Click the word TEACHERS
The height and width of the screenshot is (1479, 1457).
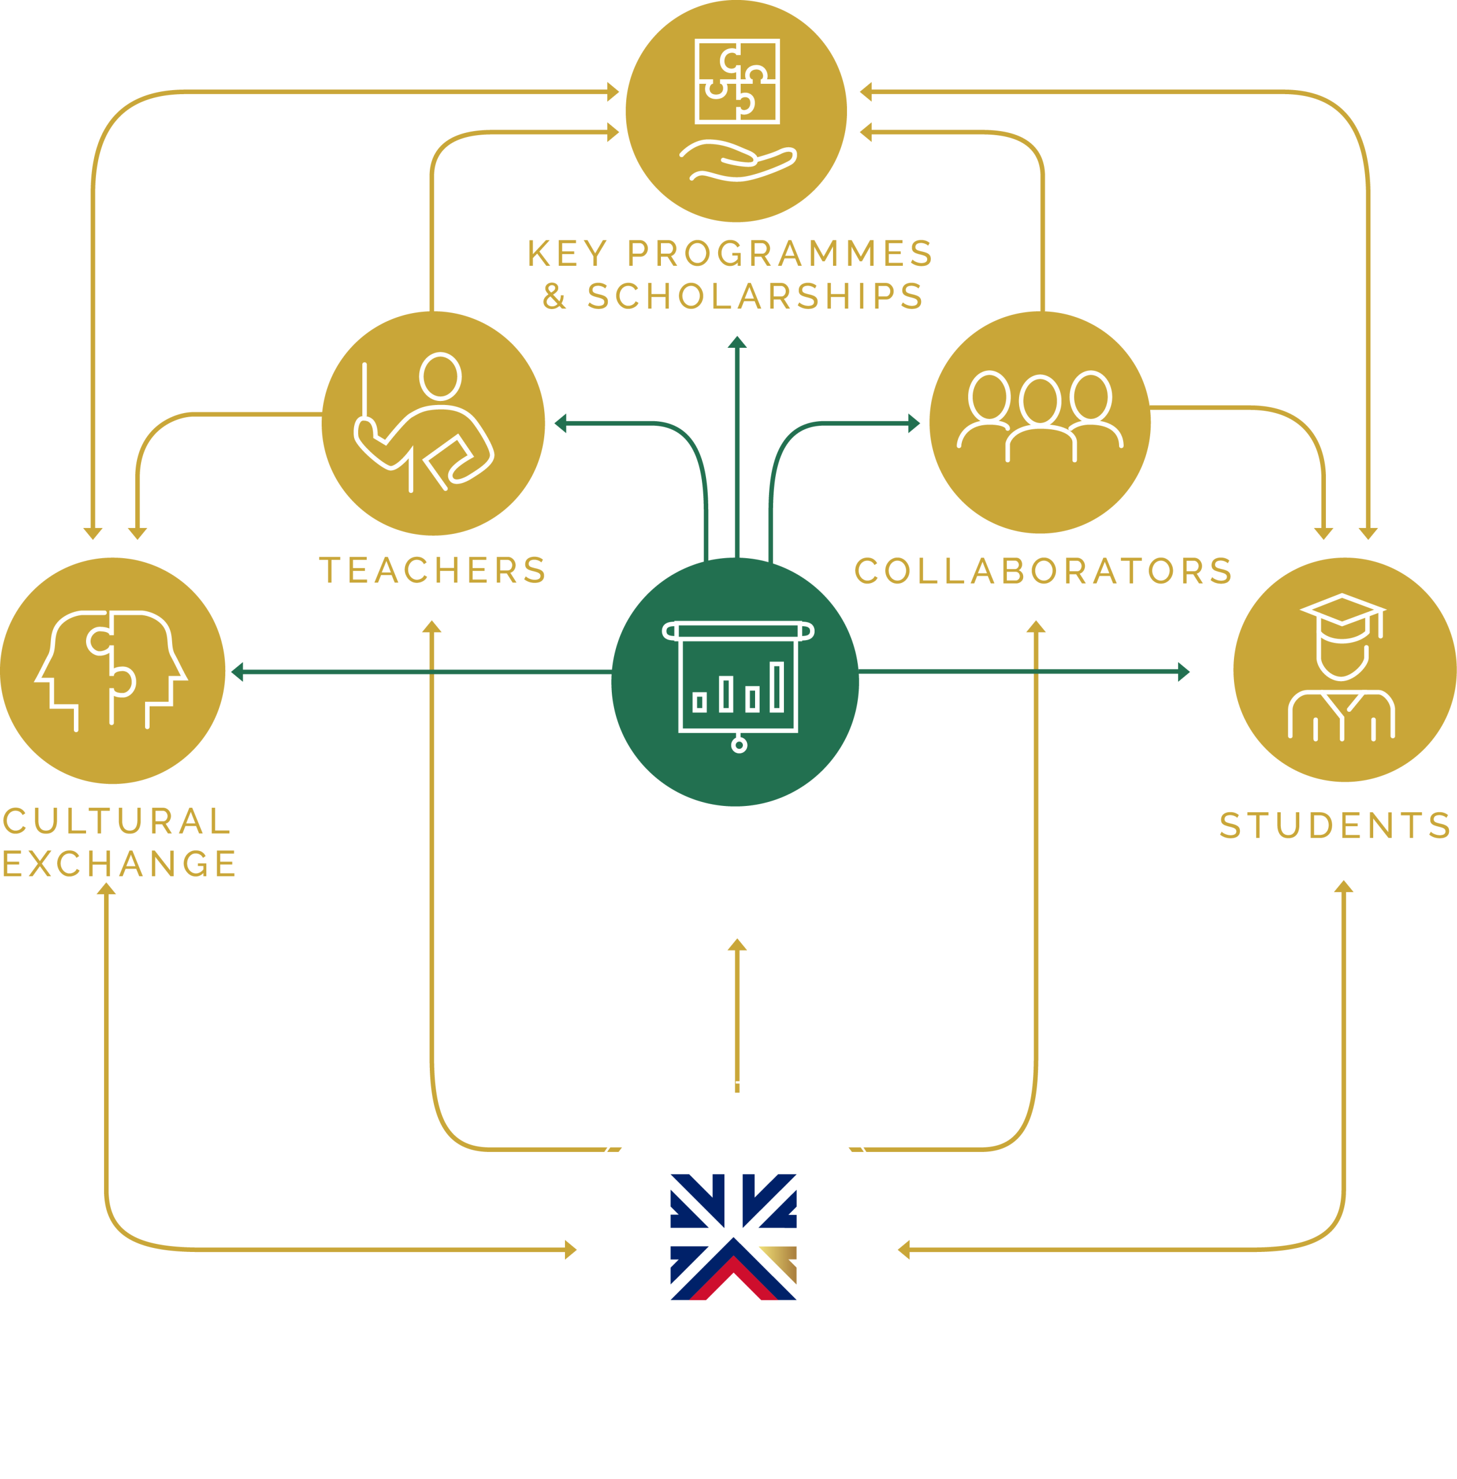click(x=432, y=570)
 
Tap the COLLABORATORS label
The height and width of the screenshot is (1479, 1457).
click(x=1043, y=570)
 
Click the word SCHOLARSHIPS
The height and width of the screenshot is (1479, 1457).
click(x=755, y=295)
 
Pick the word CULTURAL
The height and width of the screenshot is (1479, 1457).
click(x=116, y=820)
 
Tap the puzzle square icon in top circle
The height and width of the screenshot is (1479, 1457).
click(x=737, y=81)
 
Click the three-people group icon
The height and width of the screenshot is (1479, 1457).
click(x=1040, y=416)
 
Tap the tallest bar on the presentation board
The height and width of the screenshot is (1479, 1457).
click(x=776, y=687)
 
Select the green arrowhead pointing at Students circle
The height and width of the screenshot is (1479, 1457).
click(x=1184, y=672)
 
